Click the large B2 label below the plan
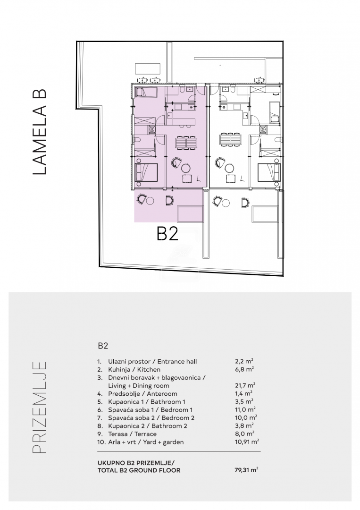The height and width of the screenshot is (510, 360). (167, 234)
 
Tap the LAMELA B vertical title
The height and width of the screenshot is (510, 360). (40, 132)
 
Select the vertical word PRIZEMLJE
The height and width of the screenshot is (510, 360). (40, 407)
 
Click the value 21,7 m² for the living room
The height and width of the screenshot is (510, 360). (245, 385)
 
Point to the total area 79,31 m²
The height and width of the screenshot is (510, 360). (246, 470)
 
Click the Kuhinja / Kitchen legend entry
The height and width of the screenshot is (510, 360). (134, 369)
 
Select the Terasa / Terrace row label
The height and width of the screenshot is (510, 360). (132, 434)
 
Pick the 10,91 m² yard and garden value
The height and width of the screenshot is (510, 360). (247, 442)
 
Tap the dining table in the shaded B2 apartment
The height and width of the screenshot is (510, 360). (186, 142)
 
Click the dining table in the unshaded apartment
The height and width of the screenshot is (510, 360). (230, 139)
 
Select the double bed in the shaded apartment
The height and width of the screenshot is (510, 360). (146, 172)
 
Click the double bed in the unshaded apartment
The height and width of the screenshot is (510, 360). (269, 172)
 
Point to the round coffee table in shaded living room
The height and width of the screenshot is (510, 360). (186, 168)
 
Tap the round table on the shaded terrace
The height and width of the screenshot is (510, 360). (150, 201)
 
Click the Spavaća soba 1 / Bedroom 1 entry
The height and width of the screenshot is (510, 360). (150, 410)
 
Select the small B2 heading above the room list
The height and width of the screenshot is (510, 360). (103, 346)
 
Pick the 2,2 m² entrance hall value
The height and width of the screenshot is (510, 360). (244, 361)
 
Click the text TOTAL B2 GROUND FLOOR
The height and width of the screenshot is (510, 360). (139, 470)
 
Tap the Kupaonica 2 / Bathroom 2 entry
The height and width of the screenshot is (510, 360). (148, 426)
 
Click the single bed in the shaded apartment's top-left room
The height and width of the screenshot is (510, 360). (146, 93)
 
